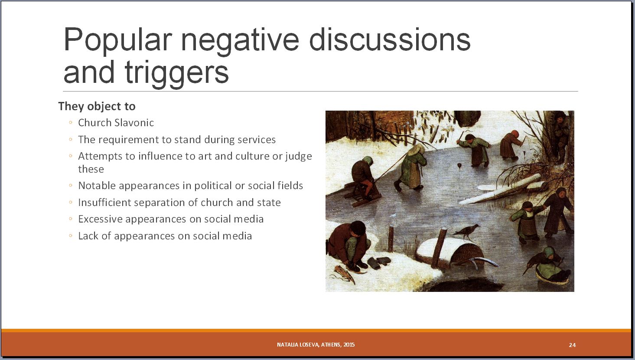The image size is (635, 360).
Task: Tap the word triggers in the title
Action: tap(176, 73)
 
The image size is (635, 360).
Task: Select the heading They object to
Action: tap(97, 106)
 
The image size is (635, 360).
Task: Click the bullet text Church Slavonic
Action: tap(116, 123)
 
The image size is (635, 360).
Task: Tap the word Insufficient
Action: tap(104, 203)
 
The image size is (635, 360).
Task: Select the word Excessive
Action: tap(100, 219)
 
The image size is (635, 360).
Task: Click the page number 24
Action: tap(572, 345)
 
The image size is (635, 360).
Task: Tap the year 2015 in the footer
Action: tap(349, 345)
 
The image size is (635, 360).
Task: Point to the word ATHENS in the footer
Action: tap(331, 345)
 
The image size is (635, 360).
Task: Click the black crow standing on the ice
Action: tap(466, 231)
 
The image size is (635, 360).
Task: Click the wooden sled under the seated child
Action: tap(361, 194)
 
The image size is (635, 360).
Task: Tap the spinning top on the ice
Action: tap(459, 166)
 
